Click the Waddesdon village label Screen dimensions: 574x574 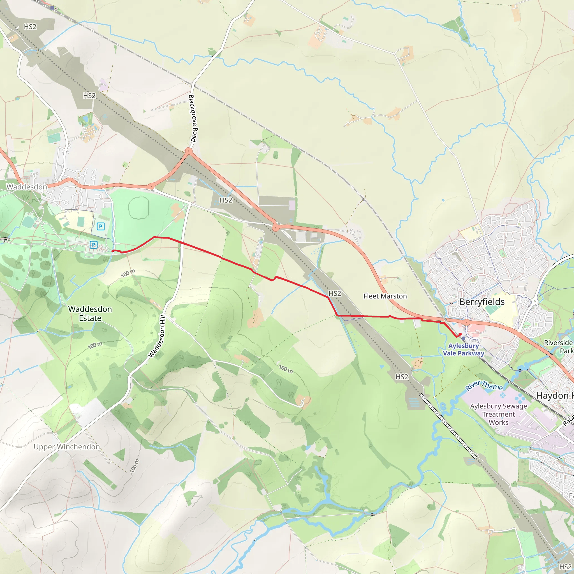click(x=27, y=187)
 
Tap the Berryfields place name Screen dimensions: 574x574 click(x=482, y=302)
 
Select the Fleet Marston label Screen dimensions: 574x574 click(x=385, y=296)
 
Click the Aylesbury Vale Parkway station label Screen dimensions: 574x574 click(x=464, y=350)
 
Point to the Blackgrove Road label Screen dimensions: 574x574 click(x=193, y=118)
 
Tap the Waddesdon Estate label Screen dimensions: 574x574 click(x=90, y=313)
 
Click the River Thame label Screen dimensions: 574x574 click(x=484, y=386)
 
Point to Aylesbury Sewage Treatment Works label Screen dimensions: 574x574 click(x=499, y=414)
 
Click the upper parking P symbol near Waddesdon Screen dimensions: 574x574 click(x=101, y=227)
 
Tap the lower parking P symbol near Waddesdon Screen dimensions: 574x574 click(x=94, y=245)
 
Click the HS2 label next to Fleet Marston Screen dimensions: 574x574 click(x=335, y=293)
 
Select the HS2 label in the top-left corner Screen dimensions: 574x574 click(x=30, y=27)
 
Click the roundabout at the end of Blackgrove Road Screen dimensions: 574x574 click(x=189, y=151)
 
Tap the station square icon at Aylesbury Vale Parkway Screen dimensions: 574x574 click(x=464, y=338)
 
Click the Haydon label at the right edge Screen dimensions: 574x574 click(x=554, y=396)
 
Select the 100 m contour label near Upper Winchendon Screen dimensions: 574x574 click(x=134, y=466)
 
